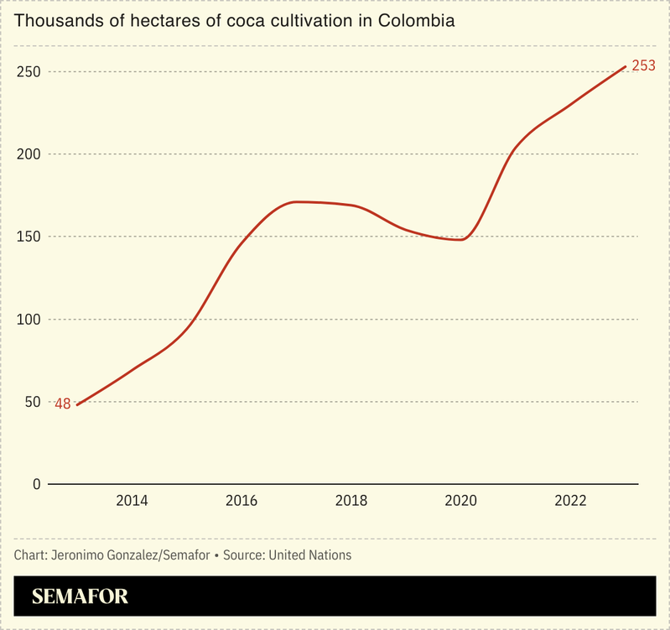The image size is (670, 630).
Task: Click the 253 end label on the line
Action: click(x=643, y=65)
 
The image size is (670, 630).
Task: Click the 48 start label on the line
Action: click(x=63, y=404)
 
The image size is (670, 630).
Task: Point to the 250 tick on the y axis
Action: click(x=29, y=72)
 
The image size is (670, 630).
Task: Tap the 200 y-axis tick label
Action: click(x=29, y=154)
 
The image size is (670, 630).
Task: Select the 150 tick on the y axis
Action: click(x=29, y=237)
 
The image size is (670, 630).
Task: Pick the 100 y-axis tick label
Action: click(x=29, y=320)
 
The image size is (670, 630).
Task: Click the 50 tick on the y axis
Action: click(x=33, y=402)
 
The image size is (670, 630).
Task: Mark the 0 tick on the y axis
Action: click(x=36, y=484)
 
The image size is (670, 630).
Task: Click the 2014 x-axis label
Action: click(x=132, y=501)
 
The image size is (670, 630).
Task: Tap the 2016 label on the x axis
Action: click(x=242, y=501)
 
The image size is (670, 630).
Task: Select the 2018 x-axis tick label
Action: click(x=351, y=501)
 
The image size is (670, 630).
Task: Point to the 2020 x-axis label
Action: click(x=460, y=501)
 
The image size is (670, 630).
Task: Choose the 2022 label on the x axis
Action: click(x=570, y=501)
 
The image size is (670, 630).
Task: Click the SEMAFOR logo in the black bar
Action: click(x=80, y=597)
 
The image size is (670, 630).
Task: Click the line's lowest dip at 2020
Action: click(x=460, y=240)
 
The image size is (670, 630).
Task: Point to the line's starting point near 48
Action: click(x=78, y=404)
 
